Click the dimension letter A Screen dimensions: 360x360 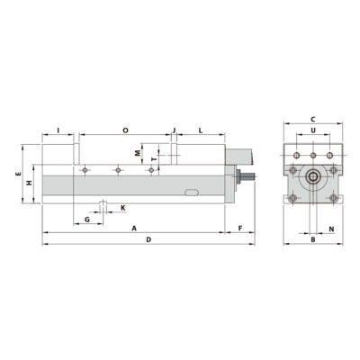[x=133, y=228]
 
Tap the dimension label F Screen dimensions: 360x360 [x=239, y=228]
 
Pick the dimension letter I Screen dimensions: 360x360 [x=58, y=131]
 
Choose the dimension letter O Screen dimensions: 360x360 [x=124, y=131]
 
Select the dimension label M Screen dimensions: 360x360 [x=138, y=153]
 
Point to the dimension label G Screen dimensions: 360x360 [x=87, y=219]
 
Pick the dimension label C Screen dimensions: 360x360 [x=311, y=119]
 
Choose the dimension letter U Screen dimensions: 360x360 [x=311, y=131]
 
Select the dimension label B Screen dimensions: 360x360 [x=311, y=239]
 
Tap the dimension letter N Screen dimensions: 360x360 [x=331, y=229]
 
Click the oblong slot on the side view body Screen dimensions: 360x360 [x=190, y=192]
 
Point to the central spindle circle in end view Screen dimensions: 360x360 [x=311, y=177]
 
